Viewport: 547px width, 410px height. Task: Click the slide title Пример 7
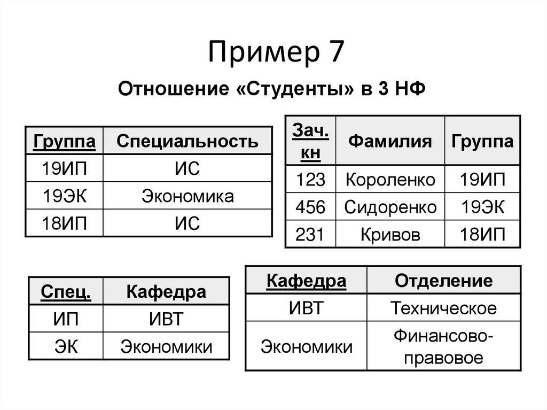(273, 54)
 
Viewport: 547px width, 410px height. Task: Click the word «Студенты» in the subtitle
(294, 88)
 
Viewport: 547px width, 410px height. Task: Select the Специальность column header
(187, 142)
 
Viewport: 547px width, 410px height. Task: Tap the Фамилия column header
(390, 141)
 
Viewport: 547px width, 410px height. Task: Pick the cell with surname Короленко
(390, 180)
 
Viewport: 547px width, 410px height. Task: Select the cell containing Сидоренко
(390, 207)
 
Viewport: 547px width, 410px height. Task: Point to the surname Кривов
(390, 234)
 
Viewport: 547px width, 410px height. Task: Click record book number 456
(310, 207)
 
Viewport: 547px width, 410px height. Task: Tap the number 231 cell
(310, 234)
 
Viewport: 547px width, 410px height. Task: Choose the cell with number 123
(310, 180)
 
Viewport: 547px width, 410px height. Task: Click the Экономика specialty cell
(187, 196)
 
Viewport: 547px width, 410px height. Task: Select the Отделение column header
(443, 281)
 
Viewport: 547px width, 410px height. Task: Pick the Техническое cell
(443, 308)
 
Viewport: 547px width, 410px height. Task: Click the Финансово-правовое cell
(443, 346)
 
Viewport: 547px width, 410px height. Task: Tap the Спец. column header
(65, 292)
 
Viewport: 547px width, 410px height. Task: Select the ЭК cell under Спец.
(65, 346)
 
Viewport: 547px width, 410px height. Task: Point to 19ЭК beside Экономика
(64, 196)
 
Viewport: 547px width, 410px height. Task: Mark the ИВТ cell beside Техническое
(306, 308)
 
